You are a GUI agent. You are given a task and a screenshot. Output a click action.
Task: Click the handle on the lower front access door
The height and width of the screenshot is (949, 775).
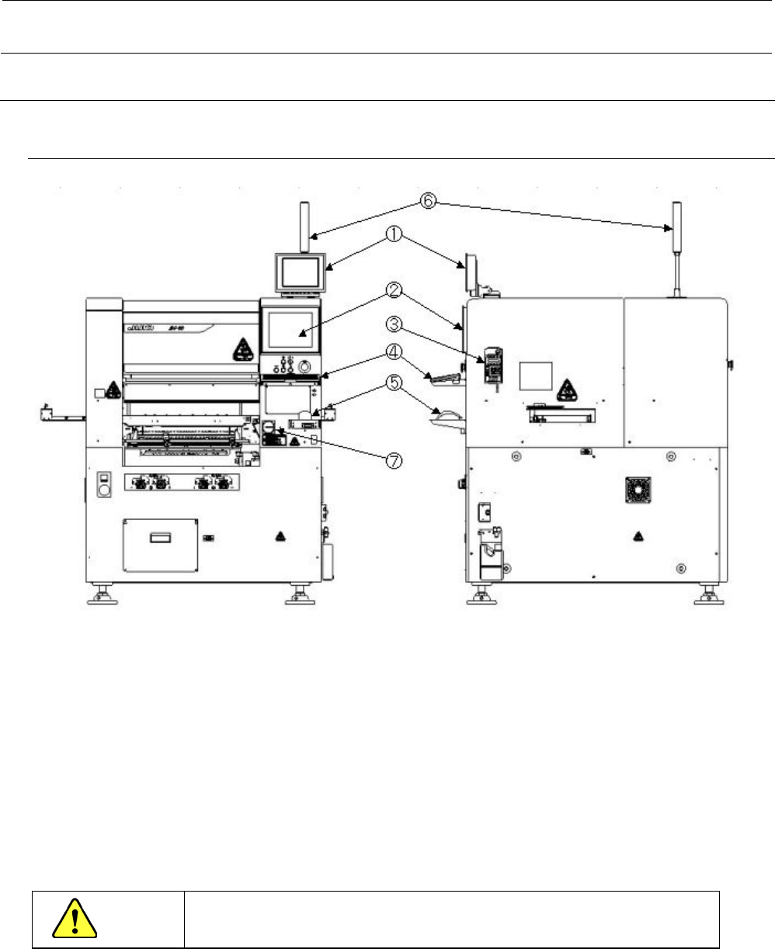pos(160,537)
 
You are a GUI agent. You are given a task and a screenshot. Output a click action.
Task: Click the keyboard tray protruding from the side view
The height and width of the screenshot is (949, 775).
pos(443,377)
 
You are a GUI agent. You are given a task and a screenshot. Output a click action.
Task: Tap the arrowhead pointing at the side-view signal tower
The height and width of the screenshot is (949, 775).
pos(669,228)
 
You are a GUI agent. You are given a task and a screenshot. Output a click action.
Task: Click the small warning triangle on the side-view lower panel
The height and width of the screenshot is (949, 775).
pos(638,535)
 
